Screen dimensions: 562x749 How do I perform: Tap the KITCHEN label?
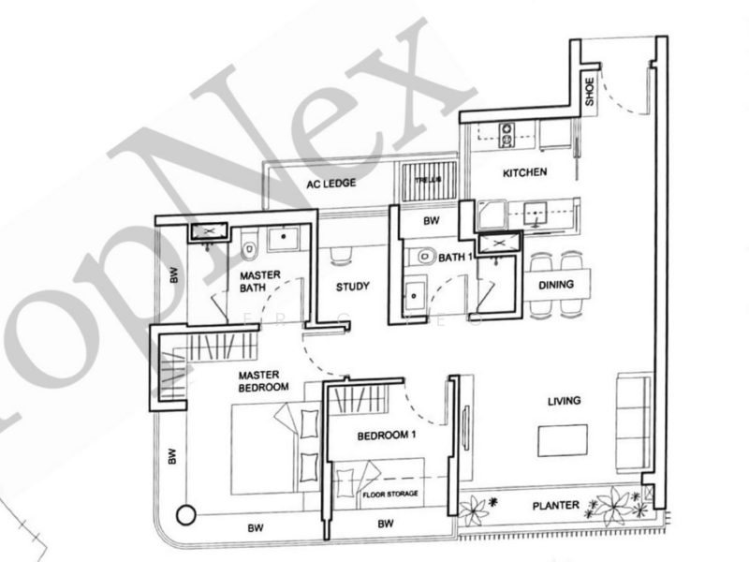point(524,173)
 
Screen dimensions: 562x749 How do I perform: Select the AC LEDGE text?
point(330,184)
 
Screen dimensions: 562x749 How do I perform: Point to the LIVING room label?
point(564,401)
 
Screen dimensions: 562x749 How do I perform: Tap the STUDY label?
point(352,287)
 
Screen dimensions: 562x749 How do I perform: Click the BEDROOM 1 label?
point(386,436)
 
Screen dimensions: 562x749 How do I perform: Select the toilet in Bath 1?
point(422,254)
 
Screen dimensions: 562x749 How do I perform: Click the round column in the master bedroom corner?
point(186,515)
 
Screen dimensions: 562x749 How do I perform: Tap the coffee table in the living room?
point(562,439)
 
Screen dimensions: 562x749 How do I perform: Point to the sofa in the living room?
point(633,421)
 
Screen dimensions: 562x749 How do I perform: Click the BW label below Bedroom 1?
point(385,525)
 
